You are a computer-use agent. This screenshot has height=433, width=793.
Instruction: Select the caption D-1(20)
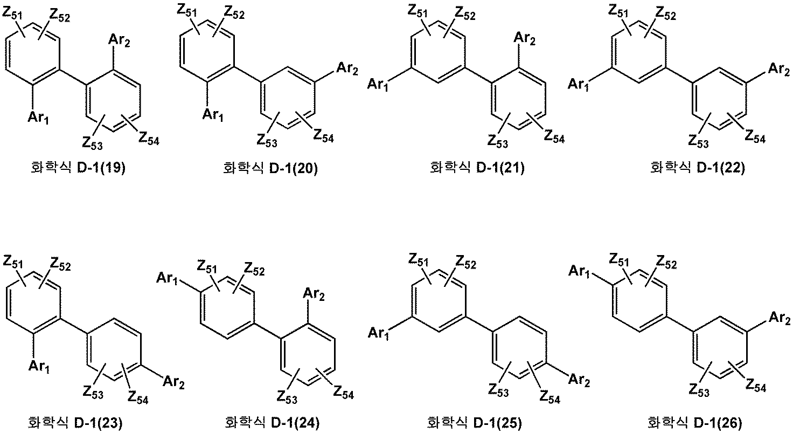[x=270, y=168]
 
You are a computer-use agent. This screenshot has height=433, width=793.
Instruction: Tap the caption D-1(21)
[x=477, y=168]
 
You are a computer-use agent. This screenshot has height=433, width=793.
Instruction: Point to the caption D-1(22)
[x=698, y=168]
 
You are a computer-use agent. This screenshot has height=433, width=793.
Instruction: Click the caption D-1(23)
[x=75, y=423]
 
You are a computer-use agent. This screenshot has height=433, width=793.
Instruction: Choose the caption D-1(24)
[x=272, y=423]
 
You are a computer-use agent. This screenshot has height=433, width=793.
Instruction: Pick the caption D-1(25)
[x=475, y=423]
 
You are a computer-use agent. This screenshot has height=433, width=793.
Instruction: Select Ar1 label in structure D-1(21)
[x=378, y=85]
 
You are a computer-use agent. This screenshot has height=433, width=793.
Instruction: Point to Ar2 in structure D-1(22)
[x=779, y=70]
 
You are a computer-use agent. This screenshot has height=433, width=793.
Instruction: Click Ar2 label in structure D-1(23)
[x=173, y=383]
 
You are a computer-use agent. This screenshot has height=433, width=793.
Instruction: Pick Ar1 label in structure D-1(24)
[x=167, y=278]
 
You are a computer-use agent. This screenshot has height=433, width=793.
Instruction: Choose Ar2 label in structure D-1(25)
[x=579, y=381]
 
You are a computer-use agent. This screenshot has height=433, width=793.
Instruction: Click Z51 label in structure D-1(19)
[x=12, y=13]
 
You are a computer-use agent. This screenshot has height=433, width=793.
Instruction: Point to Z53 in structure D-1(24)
[x=287, y=397]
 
